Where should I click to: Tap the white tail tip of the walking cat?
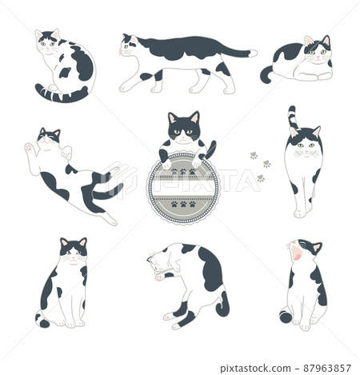pos(253,54)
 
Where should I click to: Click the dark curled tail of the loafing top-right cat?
pos(266,74)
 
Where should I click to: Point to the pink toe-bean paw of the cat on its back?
pos(29,147)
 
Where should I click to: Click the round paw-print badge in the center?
pos(183,189)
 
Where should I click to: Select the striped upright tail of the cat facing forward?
pos(293,118)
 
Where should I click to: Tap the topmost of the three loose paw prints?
pos(254,155)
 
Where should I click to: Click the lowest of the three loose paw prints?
pos(261,178)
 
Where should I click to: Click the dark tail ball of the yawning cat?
pos(286,317)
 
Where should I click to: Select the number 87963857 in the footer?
pos(327,369)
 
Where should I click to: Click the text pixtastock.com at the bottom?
pos(255,369)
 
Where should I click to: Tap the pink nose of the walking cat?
pos(122,50)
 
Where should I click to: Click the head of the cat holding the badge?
pos(184,127)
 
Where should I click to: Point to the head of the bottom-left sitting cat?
pos(74,251)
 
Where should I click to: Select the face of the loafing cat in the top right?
pos(318,51)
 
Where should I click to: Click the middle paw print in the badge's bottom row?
pos(183,205)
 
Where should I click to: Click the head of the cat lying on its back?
pos(49,137)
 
